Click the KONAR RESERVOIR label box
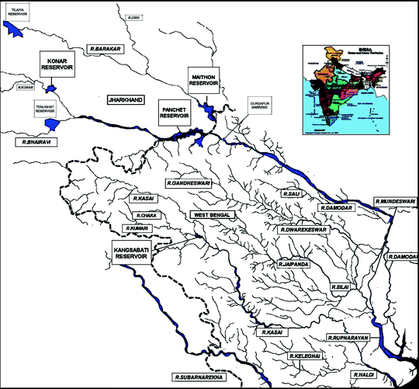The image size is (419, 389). pos(57,64)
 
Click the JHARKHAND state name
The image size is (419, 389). pos(126,100)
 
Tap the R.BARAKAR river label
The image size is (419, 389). pos(106,48)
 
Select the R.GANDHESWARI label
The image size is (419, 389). pos(188,182)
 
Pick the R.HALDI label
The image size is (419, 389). pos(363,375)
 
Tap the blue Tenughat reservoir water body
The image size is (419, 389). pos(51,123)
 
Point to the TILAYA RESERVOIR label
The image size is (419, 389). pos(18,11)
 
